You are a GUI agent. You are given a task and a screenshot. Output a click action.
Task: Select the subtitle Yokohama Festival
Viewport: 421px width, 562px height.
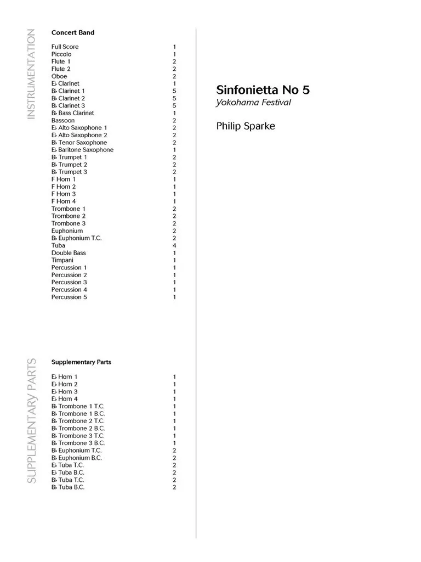[x=253, y=103]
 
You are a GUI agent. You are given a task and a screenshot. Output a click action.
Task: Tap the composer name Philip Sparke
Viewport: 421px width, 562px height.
[x=246, y=126]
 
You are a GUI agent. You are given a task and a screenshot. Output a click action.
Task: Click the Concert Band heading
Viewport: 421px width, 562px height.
[x=72, y=32]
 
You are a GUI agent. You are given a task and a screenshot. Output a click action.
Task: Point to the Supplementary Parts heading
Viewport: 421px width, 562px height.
[x=81, y=362]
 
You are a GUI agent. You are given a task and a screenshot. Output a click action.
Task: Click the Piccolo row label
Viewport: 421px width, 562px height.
[x=61, y=54]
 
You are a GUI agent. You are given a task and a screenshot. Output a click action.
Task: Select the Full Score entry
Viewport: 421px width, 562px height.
[x=65, y=47]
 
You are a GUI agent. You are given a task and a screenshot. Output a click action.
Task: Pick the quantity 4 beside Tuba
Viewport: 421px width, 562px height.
[x=174, y=245]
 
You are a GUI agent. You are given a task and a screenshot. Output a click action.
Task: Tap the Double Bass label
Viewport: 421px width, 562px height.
[x=69, y=253]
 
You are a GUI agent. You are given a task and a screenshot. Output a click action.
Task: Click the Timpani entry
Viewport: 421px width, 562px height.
[x=61, y=260]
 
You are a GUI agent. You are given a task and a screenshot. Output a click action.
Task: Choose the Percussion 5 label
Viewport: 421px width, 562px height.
[x=69, y=297]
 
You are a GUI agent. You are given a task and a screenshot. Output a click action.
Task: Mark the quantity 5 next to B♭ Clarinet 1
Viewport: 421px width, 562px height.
[x=174, y=91]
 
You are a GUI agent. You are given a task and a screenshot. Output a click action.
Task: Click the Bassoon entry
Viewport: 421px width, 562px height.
[x=63, y=120]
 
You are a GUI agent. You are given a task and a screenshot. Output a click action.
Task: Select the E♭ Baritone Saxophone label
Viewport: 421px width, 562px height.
[x=82, y=150]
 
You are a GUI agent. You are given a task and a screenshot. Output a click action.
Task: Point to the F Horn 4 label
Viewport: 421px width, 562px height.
[x=64, y=201]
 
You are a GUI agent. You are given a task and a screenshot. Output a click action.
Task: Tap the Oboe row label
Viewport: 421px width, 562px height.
[x=59, y=76]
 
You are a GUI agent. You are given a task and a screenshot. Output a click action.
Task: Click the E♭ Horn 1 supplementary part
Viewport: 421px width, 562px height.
[x=64, y=377]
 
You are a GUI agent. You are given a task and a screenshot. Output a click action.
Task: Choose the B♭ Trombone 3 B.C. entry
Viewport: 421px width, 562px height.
[x=78, y=443]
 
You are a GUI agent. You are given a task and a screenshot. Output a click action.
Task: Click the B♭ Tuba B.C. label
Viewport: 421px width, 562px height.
[x=68, y=487]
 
